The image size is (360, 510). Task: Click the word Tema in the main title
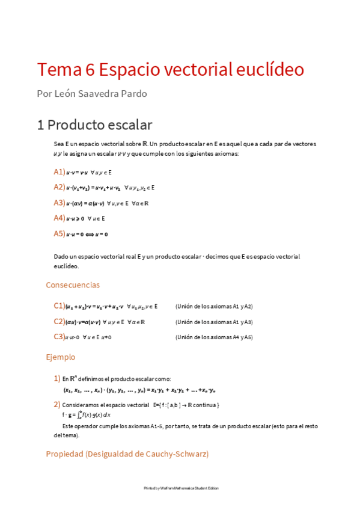56,70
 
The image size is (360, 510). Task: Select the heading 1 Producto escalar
94,125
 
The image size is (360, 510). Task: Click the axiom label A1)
59,172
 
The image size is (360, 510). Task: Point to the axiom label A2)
59,187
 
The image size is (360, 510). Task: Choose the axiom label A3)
59,203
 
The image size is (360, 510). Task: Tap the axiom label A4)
59,218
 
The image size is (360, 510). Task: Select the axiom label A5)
59,233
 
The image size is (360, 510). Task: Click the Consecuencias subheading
73,285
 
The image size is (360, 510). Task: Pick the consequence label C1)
59,306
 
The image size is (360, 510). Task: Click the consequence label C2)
59,322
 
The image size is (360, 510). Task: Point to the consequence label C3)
59,337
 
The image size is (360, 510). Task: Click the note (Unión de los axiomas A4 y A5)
214,337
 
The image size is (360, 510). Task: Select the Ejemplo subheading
61,357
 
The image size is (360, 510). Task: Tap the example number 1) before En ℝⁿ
57,379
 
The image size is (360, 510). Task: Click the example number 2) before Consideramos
57,404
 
